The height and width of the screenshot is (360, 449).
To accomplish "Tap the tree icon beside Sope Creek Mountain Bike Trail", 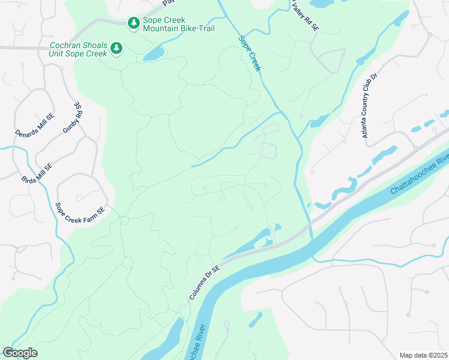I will click(x=133, y=23).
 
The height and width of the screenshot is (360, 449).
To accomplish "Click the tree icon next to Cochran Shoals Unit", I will click(x=117, y=48).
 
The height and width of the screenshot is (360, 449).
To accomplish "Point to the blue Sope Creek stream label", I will click(x=250, y=53).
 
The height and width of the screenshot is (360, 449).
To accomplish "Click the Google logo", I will click(x=20, y=353).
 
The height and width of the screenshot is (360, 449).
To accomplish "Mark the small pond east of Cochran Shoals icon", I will click(x=154, y=54).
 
